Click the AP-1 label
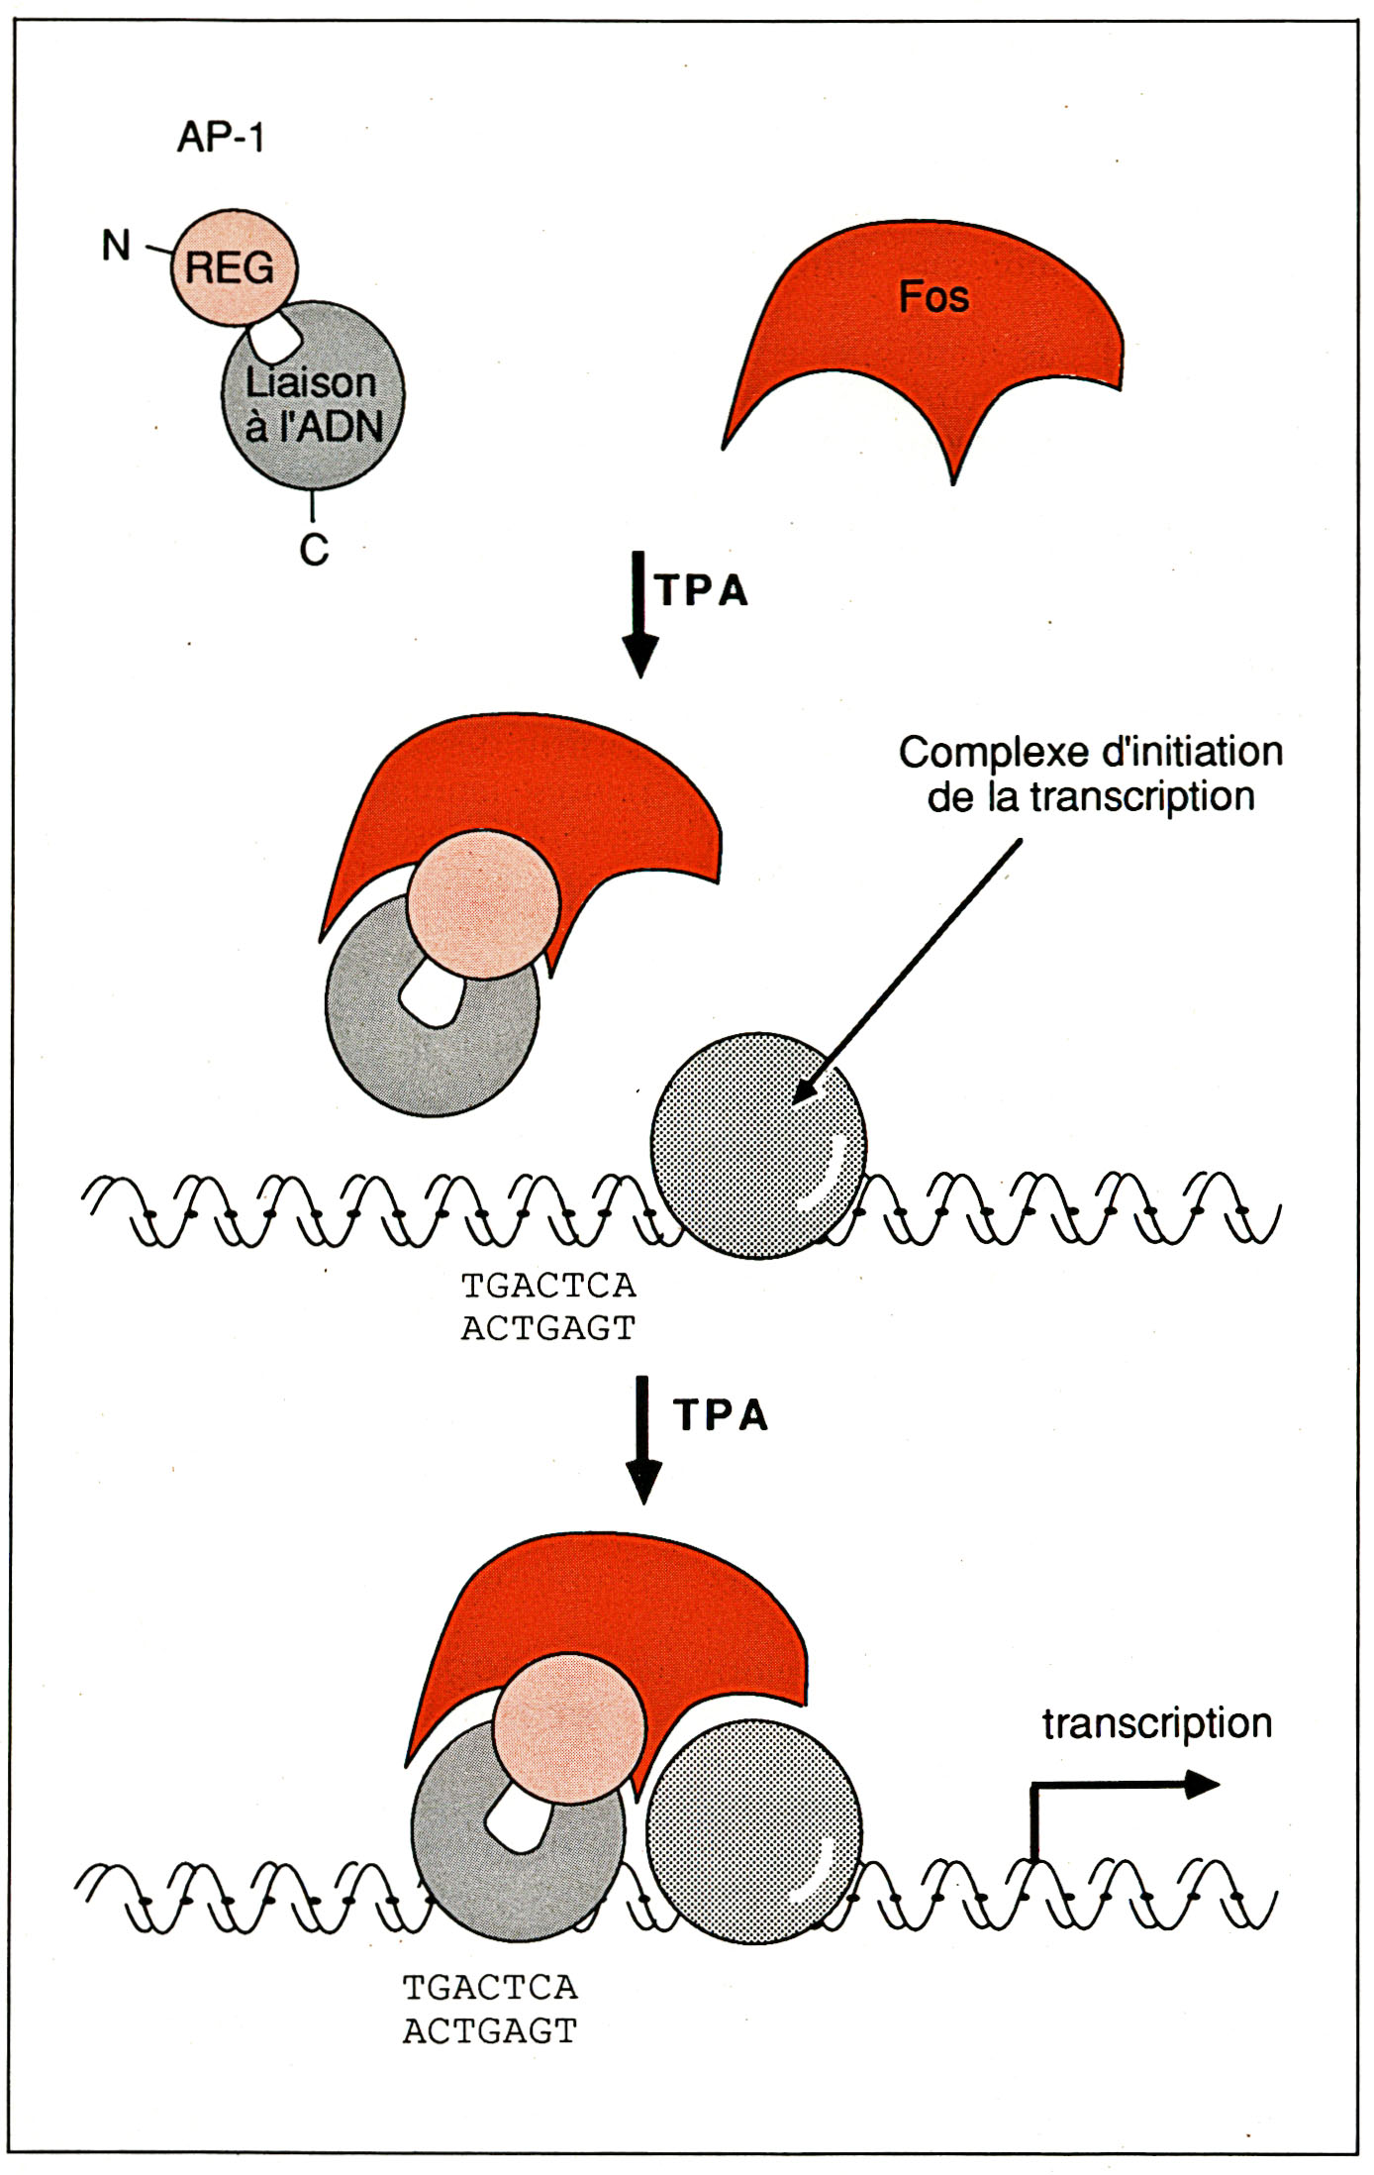221,137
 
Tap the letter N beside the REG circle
116,245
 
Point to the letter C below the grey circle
314,549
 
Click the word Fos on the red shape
932,297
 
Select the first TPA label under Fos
702,590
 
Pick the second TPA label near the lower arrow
721,1415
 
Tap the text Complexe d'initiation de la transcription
1090,775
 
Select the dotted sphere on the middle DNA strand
757,1145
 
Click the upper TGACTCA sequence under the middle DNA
548,1286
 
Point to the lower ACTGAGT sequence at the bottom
490,2030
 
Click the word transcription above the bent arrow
1156,1723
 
